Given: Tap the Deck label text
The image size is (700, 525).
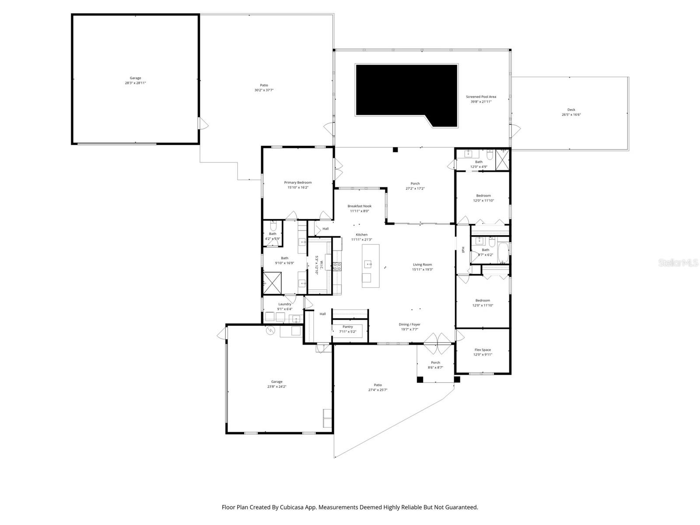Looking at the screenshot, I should [571, 110].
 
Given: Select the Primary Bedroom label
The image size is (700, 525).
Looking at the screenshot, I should [298, 182].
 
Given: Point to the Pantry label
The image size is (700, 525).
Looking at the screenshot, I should [348, 327].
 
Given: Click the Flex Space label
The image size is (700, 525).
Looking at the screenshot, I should [483, 350].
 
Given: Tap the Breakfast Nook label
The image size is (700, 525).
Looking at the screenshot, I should [360, 206].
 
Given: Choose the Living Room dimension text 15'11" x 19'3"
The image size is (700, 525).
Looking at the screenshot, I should [422, 269].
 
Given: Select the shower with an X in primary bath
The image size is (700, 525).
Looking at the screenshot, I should [272, 283].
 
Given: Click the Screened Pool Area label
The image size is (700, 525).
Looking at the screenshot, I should [481, 97].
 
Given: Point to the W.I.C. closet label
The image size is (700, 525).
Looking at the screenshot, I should [321, 265].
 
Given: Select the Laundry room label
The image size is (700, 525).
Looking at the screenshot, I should [285, 304].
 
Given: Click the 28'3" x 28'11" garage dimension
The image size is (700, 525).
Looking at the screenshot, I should [135, 83].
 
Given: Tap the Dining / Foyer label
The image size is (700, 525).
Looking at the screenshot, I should [409, 325].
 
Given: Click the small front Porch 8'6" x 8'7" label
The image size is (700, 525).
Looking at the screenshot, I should [435, 363].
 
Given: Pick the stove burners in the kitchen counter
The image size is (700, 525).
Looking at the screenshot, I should [336, 266].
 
